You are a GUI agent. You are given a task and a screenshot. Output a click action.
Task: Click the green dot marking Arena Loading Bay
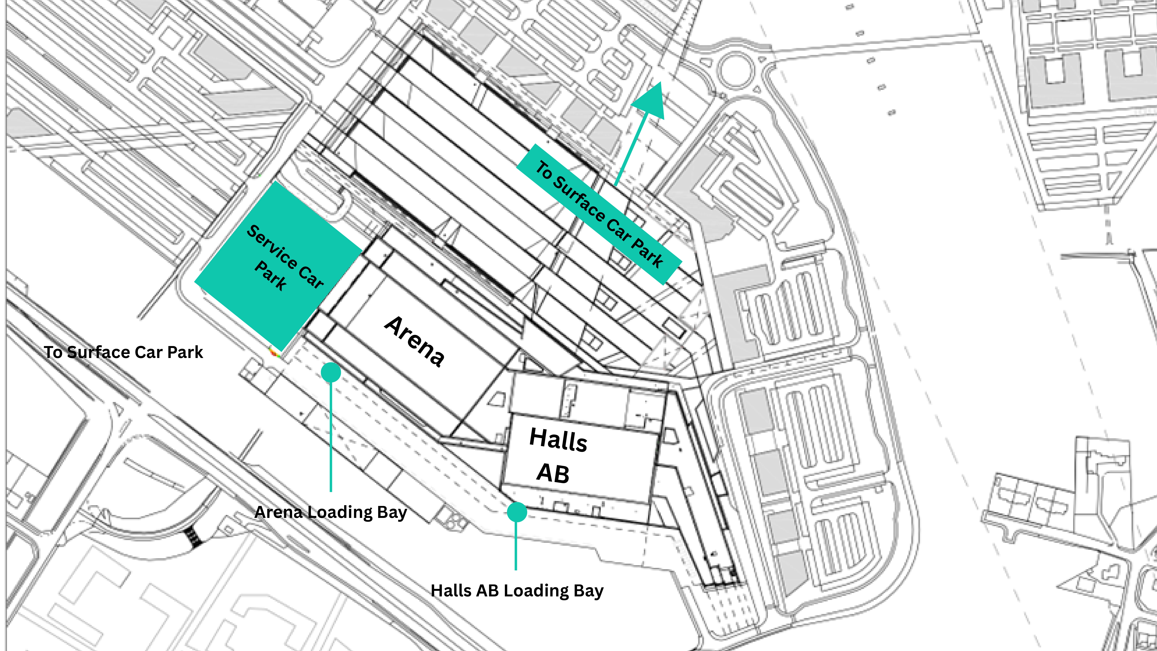pyautogui.click(x=331, y=372)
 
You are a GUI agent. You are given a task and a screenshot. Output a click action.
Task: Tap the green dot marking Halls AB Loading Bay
pyautogui.click(x=517, y=512)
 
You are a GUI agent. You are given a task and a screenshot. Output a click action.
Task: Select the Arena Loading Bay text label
pyautogui.click(x=331, y=512)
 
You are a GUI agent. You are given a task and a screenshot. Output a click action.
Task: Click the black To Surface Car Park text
pyautogui.click(x=124, y=352)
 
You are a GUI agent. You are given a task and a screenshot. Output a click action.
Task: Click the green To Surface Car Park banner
pyautogui.click(x=599, y=214)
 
